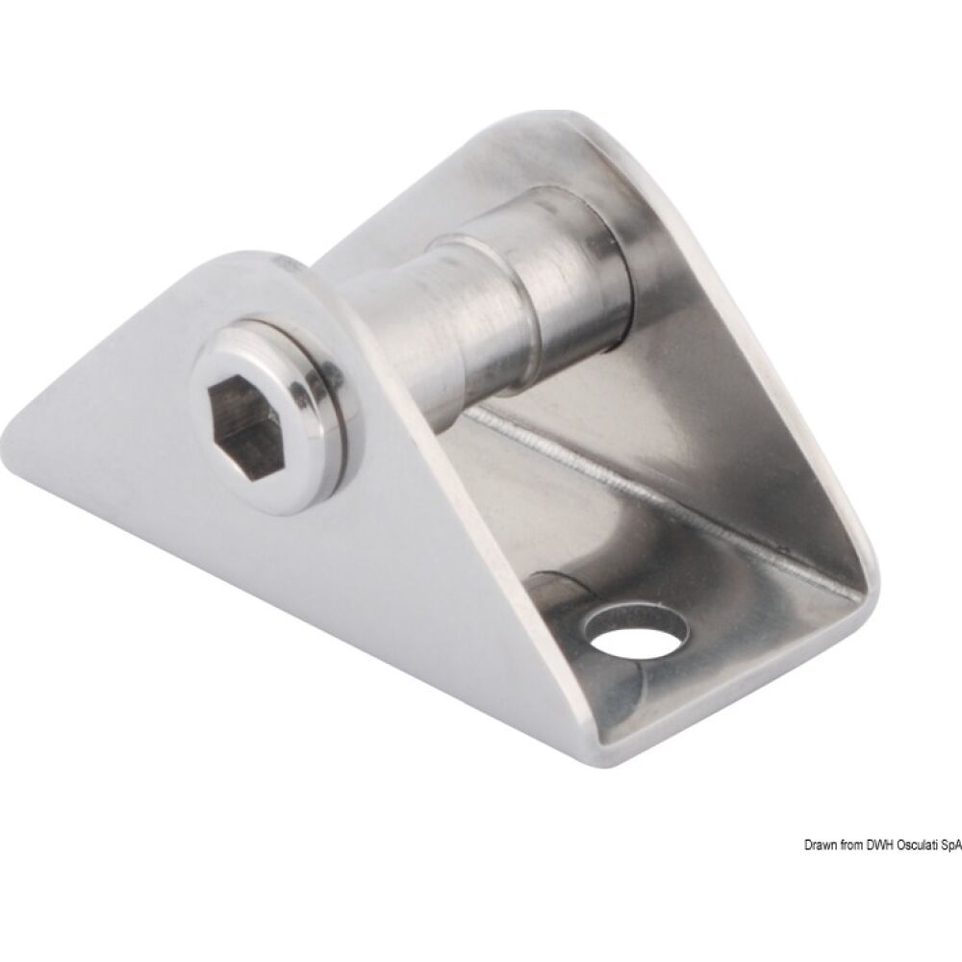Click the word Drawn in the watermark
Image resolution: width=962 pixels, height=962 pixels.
click(820, 764)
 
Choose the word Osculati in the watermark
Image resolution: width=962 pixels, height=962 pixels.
click(913, 764)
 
